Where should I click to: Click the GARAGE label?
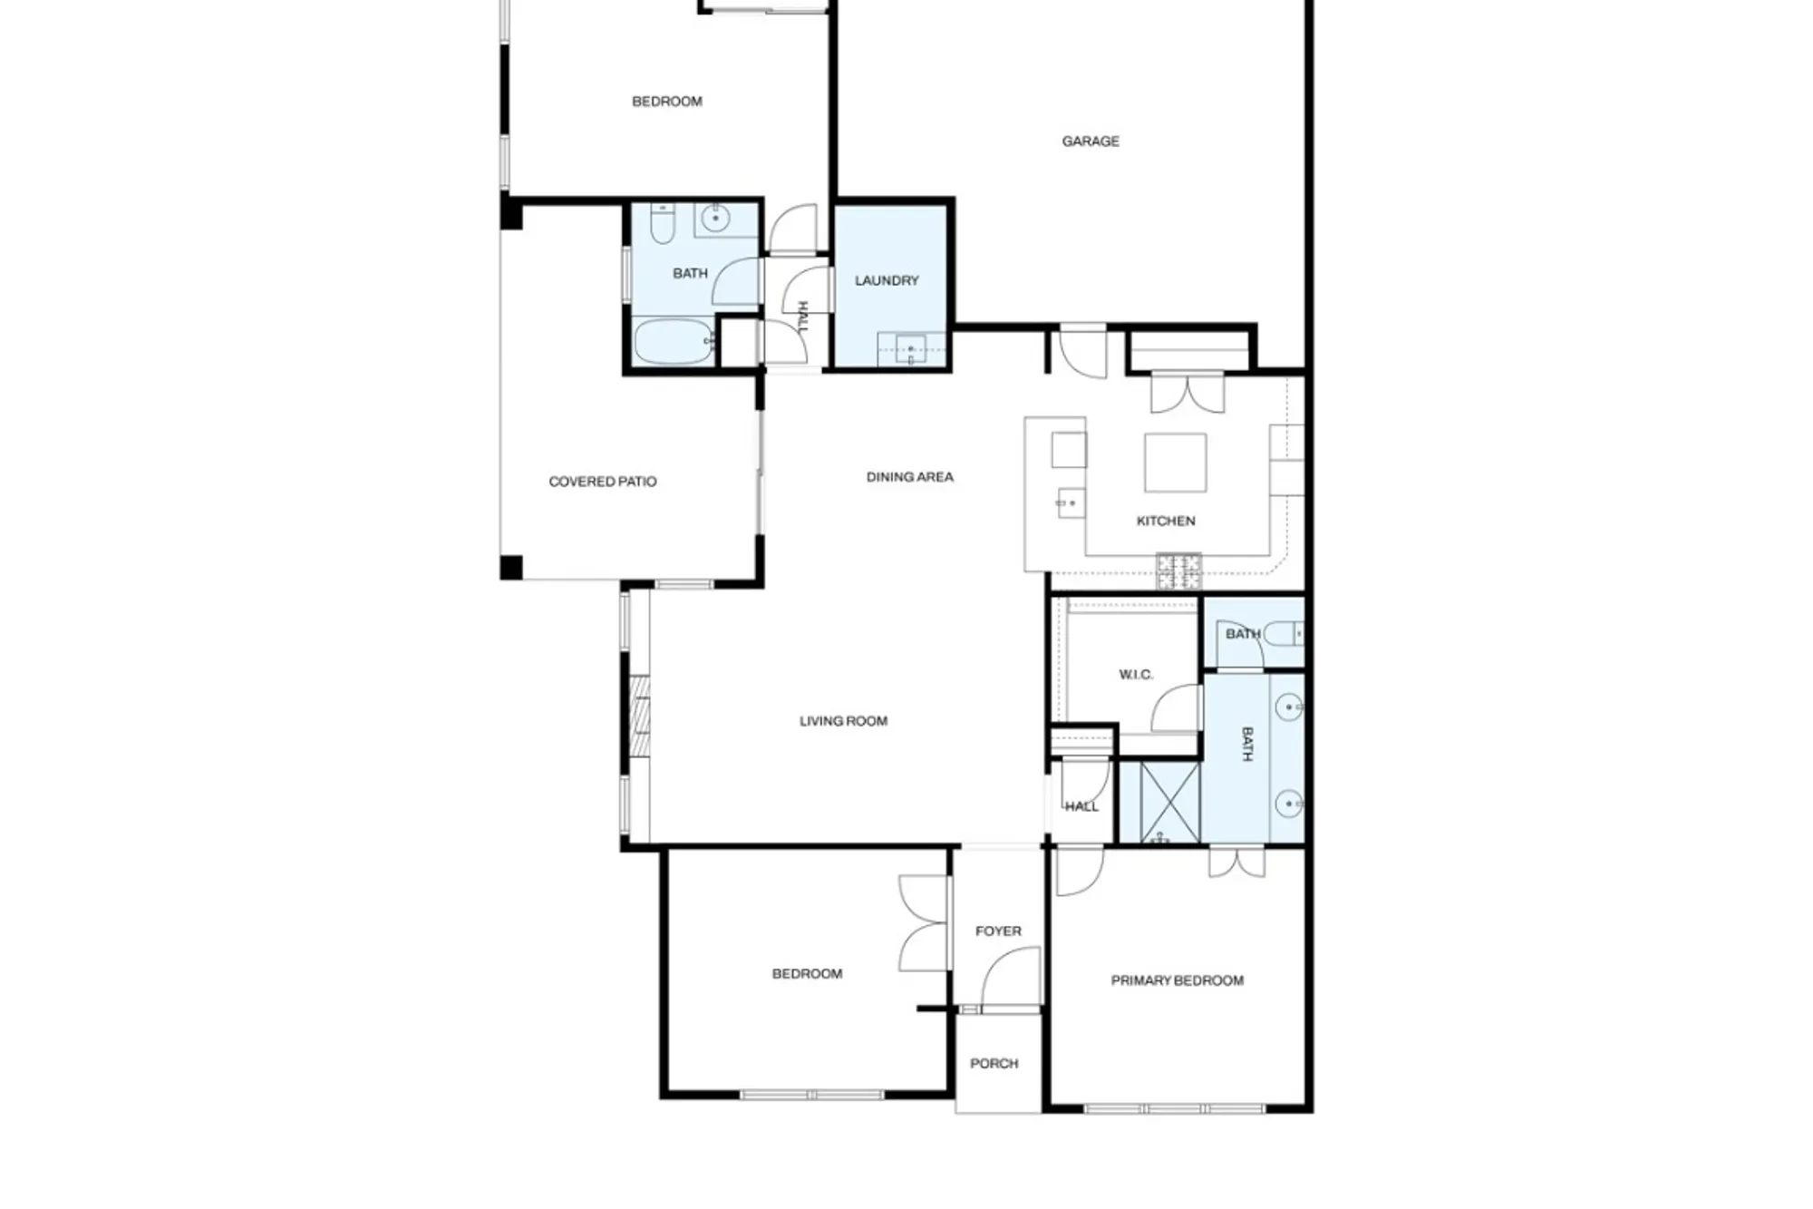[x=1090, y=141]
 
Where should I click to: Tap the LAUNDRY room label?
[x=887, y=281]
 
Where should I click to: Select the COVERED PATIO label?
[x=602, y=482]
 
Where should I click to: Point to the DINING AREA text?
[x=909, y=477]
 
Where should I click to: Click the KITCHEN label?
[x=1166, y=522]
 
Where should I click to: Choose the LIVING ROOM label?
[x=843, y=722]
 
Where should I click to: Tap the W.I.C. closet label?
[x=1135, y=675]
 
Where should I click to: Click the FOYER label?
[x=998, y=931]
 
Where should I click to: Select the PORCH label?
[x=994, y=1064]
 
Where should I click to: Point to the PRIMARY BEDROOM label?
[x=1177, y=980]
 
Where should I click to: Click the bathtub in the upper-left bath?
[x=673, y=342]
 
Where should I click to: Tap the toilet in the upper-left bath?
[x=662, y=224]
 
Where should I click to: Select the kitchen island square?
[x=1175, y=463]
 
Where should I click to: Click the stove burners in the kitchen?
[x=1178, y=570]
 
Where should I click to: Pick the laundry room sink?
[x=910, y=348]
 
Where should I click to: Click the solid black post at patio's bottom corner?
[x=511, y=568]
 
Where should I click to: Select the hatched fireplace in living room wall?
[x=640, y=717]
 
